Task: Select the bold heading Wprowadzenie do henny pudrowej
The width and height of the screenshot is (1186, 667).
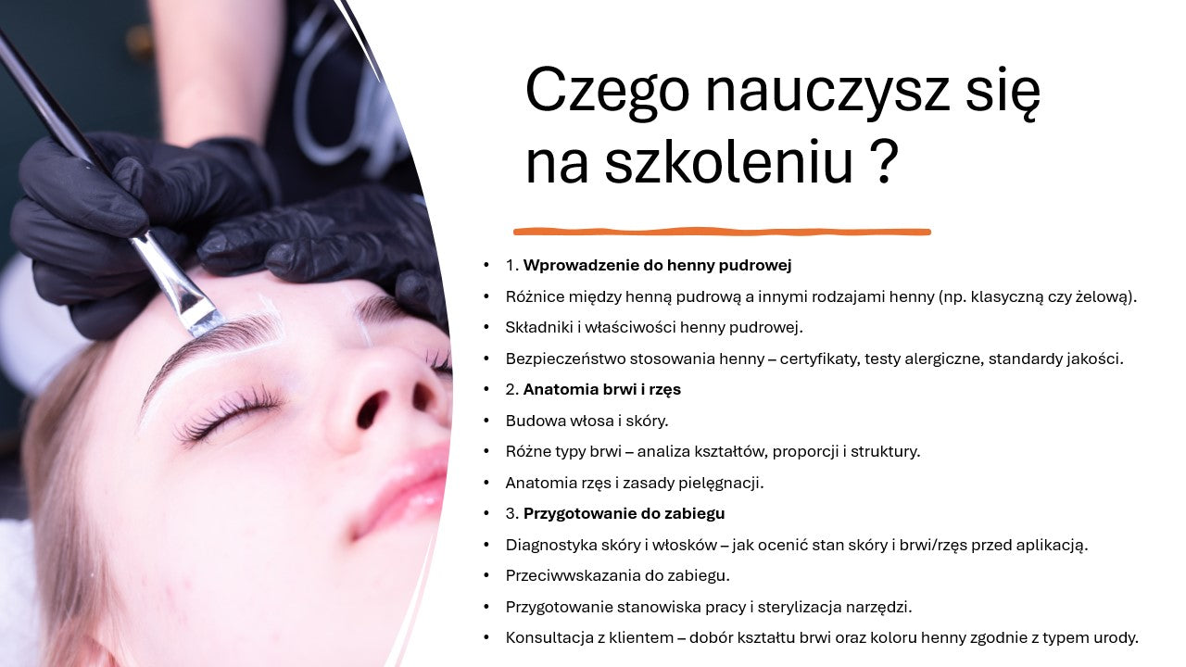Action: pyautogui.click(x=657, y=266)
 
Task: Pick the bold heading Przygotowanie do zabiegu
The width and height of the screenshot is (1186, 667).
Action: pyautogui.click(x=624, y=513)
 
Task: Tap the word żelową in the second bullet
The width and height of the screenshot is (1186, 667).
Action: pyautogui.click(x=1104, y=296)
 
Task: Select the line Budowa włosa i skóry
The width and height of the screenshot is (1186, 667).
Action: pyautogui.click(x=587, y=421)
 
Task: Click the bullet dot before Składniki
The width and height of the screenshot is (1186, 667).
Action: pyautogui.click(x=486, y=328)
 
